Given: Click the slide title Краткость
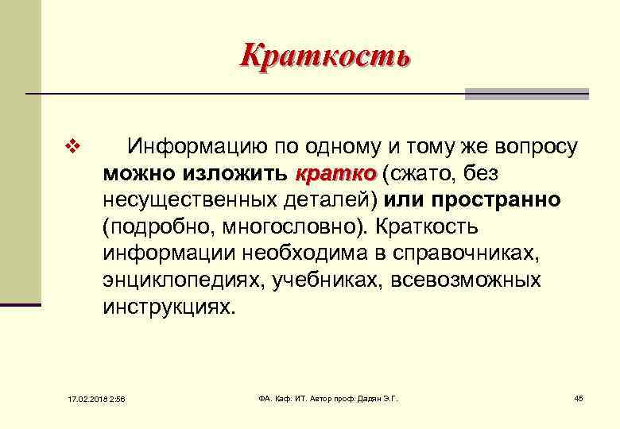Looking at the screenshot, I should click(325, 56).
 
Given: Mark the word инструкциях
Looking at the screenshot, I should click(169, 307).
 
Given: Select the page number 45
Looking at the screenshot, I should click(579, 397).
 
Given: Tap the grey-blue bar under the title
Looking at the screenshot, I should click(526, 94).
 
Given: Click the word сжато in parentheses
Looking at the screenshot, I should click(417, 173).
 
